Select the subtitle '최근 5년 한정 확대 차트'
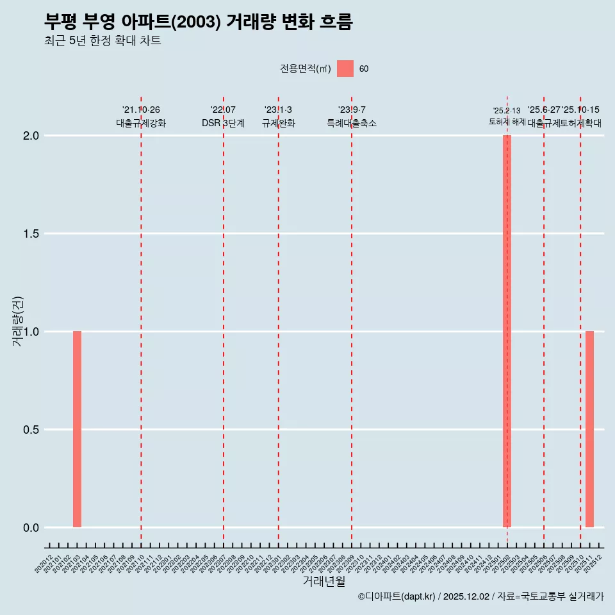pyautogui.click(x=102, y=41)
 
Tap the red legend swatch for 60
pyautogui.click(x=345, y=69)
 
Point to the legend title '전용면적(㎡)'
pyautogui.click(x=306, y=69)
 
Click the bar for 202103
pyautogui.click(x=77, y=429)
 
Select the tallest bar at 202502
pyautogui.click(x=507, y=331)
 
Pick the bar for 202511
pyautogui.click(x=589, y=429)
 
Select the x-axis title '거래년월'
pyautogui.click(x=324, y=582)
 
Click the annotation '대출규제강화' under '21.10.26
pyautogui.click(x=141, y=123)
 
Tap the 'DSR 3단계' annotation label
pyautogui.click(x=223, y=123)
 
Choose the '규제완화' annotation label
pyautogui.click(x=278, y=123)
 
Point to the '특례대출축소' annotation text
pyautogui.click(x=352, y=123)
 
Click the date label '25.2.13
pyautogui.click(x=507, y=111)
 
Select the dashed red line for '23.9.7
pyautogui.click(x=352, y=320)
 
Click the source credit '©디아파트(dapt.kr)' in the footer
pyautogui.click(x=397, y=596)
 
